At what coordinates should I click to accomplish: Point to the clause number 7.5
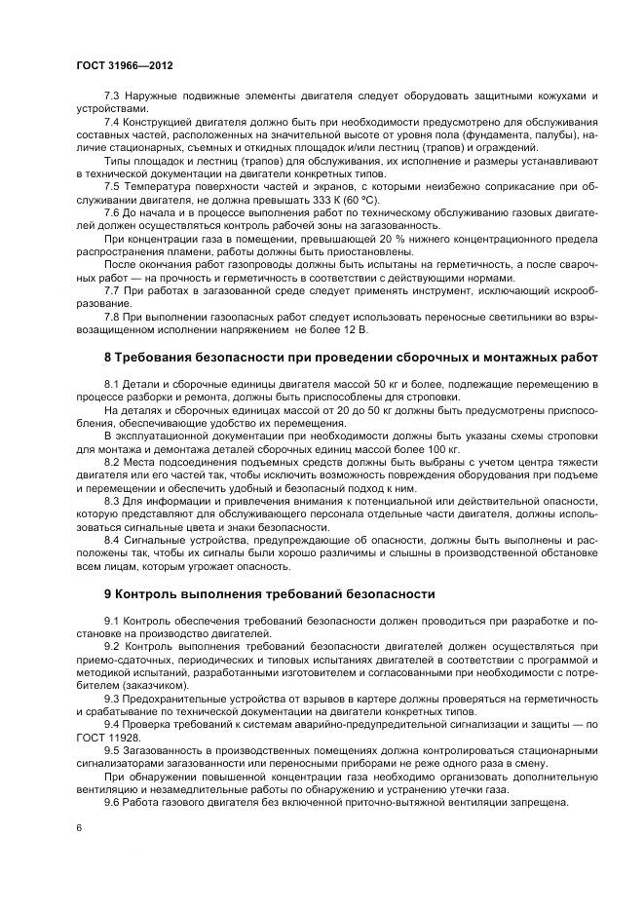tap(111, 185)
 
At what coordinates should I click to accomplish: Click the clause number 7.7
tap(111, 290)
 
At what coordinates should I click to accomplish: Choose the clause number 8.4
tap(111, 538)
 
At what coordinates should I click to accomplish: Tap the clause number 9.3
tap(111, 700)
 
